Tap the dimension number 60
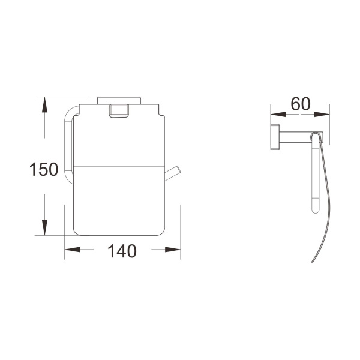pyautogui.click(x=300, y=104)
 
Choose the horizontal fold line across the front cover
pyautogui.click(x=118, y=163)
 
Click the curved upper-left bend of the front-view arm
pyautogui.click(x=70, y=110)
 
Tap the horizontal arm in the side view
pyautogui.click(x=297, y=136)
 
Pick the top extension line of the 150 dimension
pyautogui.click(x=63, y=97)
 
